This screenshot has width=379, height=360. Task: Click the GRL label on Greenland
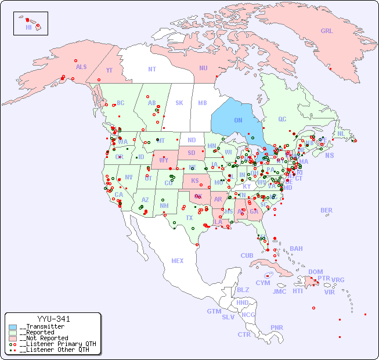[327, 31]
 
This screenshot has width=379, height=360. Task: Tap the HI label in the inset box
[28, 27]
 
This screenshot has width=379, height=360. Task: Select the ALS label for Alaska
[81, 67]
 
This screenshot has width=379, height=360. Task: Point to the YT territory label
[109, 70]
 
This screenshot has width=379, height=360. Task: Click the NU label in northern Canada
[203, 68]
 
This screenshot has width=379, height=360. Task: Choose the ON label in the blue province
[238, 120]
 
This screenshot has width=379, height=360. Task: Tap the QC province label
[282, 119]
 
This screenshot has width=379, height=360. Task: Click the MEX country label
[178, 261]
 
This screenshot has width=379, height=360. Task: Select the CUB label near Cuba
[247, 255]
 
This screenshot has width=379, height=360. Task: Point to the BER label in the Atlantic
[327, 210]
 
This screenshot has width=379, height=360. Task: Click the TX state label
[189, 218]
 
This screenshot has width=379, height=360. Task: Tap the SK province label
[179, 103]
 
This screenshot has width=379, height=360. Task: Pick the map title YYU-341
[53, 319]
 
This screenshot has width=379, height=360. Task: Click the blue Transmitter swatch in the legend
[13, 327]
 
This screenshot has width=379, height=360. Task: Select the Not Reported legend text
[44, 338]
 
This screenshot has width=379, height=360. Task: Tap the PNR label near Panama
[277, 327]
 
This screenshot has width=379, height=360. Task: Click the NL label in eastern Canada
[341, 133]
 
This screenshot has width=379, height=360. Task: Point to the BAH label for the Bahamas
[296, 249]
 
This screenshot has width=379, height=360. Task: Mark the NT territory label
[152, 69]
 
